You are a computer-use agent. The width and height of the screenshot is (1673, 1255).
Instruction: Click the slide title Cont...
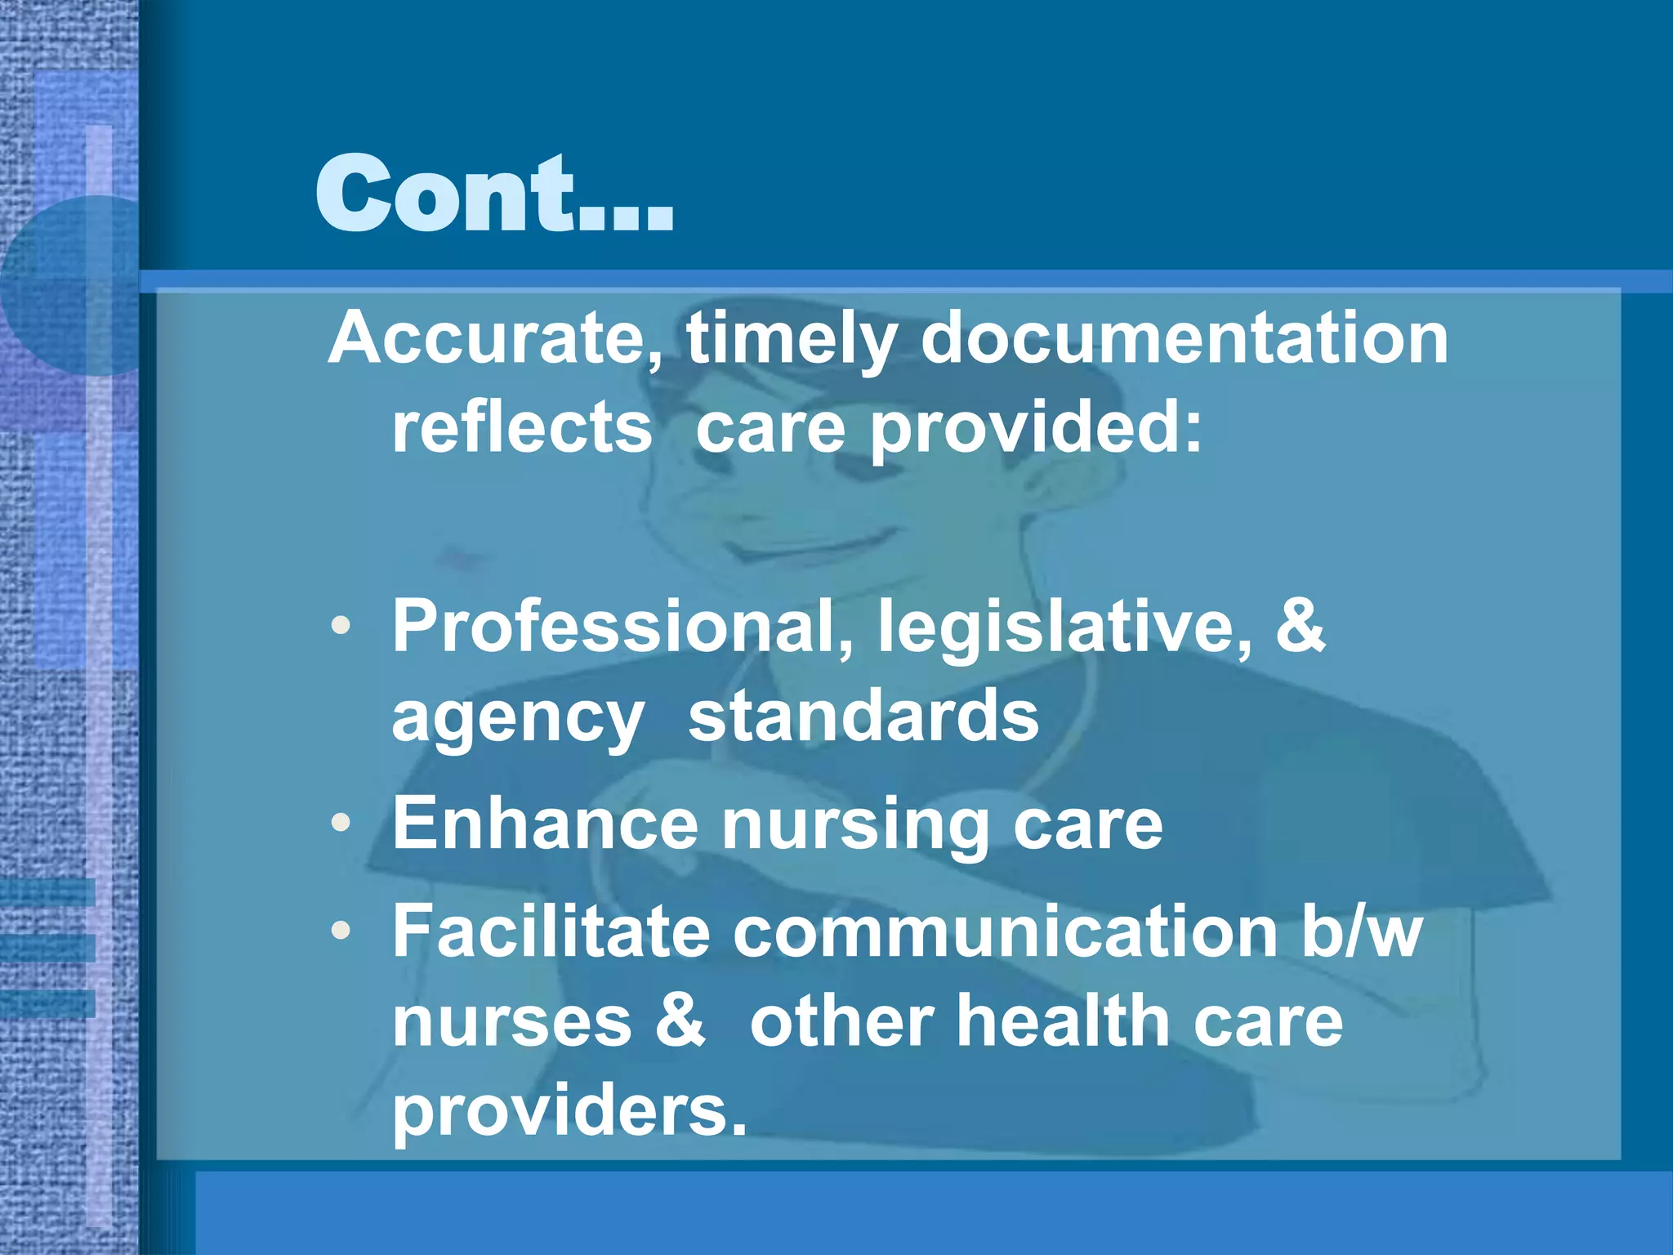click(x=493, y=194)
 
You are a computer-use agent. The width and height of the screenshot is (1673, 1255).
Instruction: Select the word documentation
click(x=1184, y=338)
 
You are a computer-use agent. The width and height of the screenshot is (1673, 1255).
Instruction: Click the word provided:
click(x=1036, y=430)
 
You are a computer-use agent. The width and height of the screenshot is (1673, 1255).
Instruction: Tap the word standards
click(x=863, y=716)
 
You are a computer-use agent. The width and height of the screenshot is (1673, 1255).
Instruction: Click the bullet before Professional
click(x=341, y=627)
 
